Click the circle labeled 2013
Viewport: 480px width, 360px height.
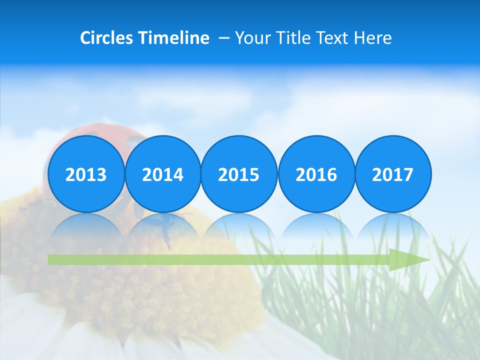click(x=86, y=174)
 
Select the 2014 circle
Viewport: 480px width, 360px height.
click(x=162, y=174)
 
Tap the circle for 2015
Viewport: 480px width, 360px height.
click(x=239, y=174)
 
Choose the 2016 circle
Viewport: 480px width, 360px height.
click(x=316, y=174)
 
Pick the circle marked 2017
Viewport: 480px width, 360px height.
click(x=392, y=174)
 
